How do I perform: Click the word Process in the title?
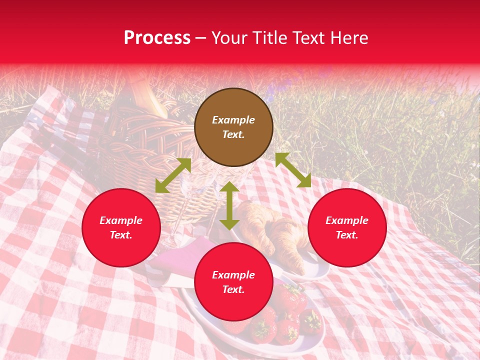[157, 38]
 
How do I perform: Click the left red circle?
[121, 227]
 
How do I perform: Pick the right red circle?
[347, 227]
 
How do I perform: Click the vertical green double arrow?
[229, 205]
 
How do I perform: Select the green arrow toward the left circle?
[173, 175]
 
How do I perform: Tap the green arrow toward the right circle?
[293, 170]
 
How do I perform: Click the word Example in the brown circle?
[233, 120]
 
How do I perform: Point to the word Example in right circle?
[347, 220]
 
